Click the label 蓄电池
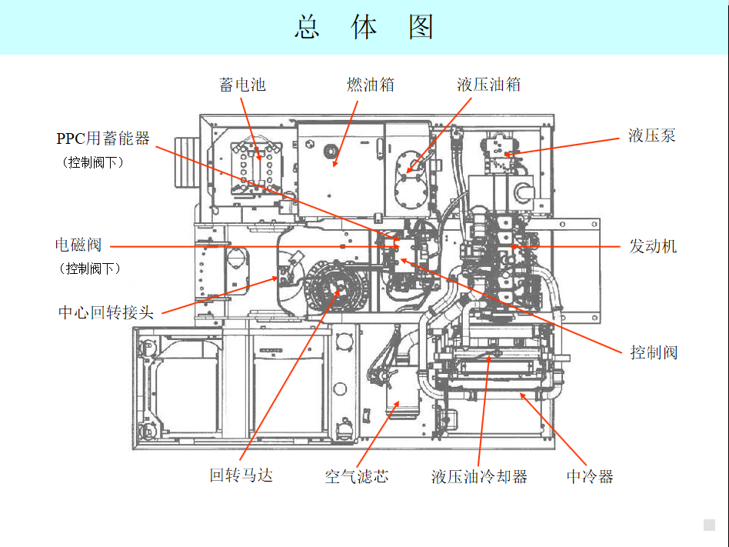[243, 85]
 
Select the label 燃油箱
[371, 85]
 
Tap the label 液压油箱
[489, 85]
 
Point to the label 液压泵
[652, 136]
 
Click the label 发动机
[653, 246]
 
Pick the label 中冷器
[590, 476]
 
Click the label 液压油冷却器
[479, 476]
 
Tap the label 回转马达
[241, 475]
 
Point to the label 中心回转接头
[106, 312]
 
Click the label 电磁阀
[78, 245]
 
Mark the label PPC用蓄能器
[103, 138]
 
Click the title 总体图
[364, 28]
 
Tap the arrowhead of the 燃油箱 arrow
[335, 163]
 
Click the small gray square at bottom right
[709, 525]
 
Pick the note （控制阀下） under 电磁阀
[90, 268]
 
